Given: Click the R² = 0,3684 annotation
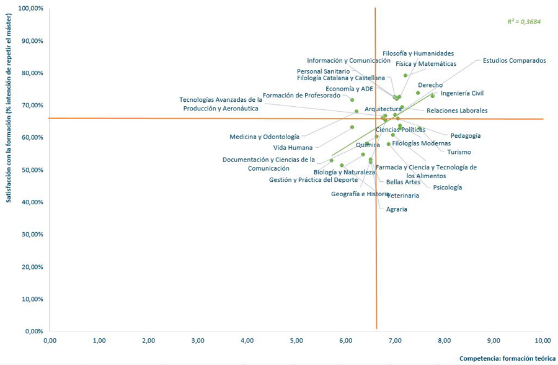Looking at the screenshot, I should click(x=524, y=22).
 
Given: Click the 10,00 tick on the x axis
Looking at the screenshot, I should click(x=542, y=340).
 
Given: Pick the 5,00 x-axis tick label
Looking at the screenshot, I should click(x=296, y=340).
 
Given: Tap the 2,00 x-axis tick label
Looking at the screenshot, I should click(x=148, y=340).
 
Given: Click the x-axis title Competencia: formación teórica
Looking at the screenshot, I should click(x=503, y=358).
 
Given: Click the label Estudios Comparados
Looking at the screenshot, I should click(x=514, y=61).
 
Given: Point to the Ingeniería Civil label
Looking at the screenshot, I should click(x=462, y=93).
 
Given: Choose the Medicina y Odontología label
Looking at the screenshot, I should click(x=264, y=137).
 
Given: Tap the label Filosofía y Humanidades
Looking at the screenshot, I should click(x=418, y=53).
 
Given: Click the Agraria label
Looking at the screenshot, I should click(x=396, y=209).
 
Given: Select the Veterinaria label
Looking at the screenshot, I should click(x=402, y=196).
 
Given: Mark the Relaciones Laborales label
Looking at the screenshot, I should click(x=457, y=110).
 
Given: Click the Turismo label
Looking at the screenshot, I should click(x=459, y=152).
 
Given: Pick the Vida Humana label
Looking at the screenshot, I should click(x=293, y=148).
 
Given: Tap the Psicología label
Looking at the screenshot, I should click(x=447, y=187).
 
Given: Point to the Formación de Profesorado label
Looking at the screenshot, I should click(x=301, y=96).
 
